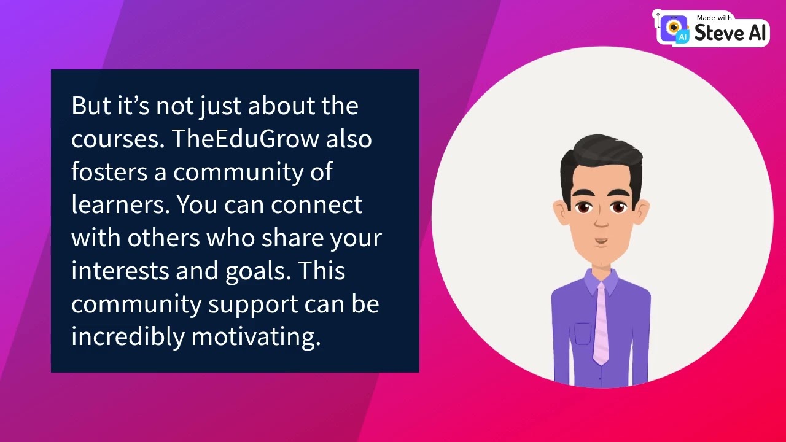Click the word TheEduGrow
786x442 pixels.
pos(245,139)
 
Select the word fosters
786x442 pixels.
pos(109,172)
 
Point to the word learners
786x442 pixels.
pos(120,205)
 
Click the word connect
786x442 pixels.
pos(316,205)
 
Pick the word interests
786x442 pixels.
pos(120,271)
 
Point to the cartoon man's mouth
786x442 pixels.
pos(601,241)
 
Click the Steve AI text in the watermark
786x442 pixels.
pos(730,33)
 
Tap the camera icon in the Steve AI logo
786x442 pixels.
pos(675,28)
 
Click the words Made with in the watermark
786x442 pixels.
pos(714,18)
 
